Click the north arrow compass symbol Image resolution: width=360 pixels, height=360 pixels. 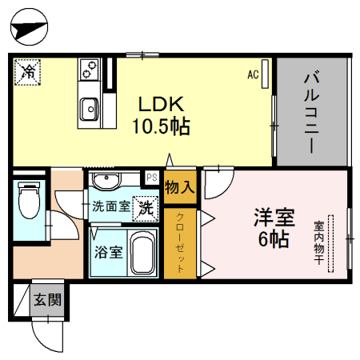click(29, 26)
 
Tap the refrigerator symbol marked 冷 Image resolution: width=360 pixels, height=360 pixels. click(27, 72)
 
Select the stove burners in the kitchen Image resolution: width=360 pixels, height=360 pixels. click(89, 70)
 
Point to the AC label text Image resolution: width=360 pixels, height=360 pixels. click(253, 74)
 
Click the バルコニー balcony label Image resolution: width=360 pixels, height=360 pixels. click(311, 112)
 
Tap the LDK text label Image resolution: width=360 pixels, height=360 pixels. click(162, 104)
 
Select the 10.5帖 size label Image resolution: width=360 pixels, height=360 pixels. click(161, 126)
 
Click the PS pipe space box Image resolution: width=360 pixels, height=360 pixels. click(152, 178)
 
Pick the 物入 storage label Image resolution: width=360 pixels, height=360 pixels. click(179, 187)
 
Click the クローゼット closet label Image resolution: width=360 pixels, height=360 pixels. click(180, 242)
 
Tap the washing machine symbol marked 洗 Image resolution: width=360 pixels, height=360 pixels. click(146, 209)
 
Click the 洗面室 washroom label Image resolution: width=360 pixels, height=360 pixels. click(111, 206)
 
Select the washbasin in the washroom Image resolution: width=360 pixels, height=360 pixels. click(106, 181)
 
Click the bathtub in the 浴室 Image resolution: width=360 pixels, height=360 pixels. click(143, 253)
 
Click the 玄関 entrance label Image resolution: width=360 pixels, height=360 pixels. click(47, 300)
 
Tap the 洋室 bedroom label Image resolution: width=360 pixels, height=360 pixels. click(274, 218)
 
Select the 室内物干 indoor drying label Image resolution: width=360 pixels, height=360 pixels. click(319, 242)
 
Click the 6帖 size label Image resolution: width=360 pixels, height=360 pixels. click(274, 239)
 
